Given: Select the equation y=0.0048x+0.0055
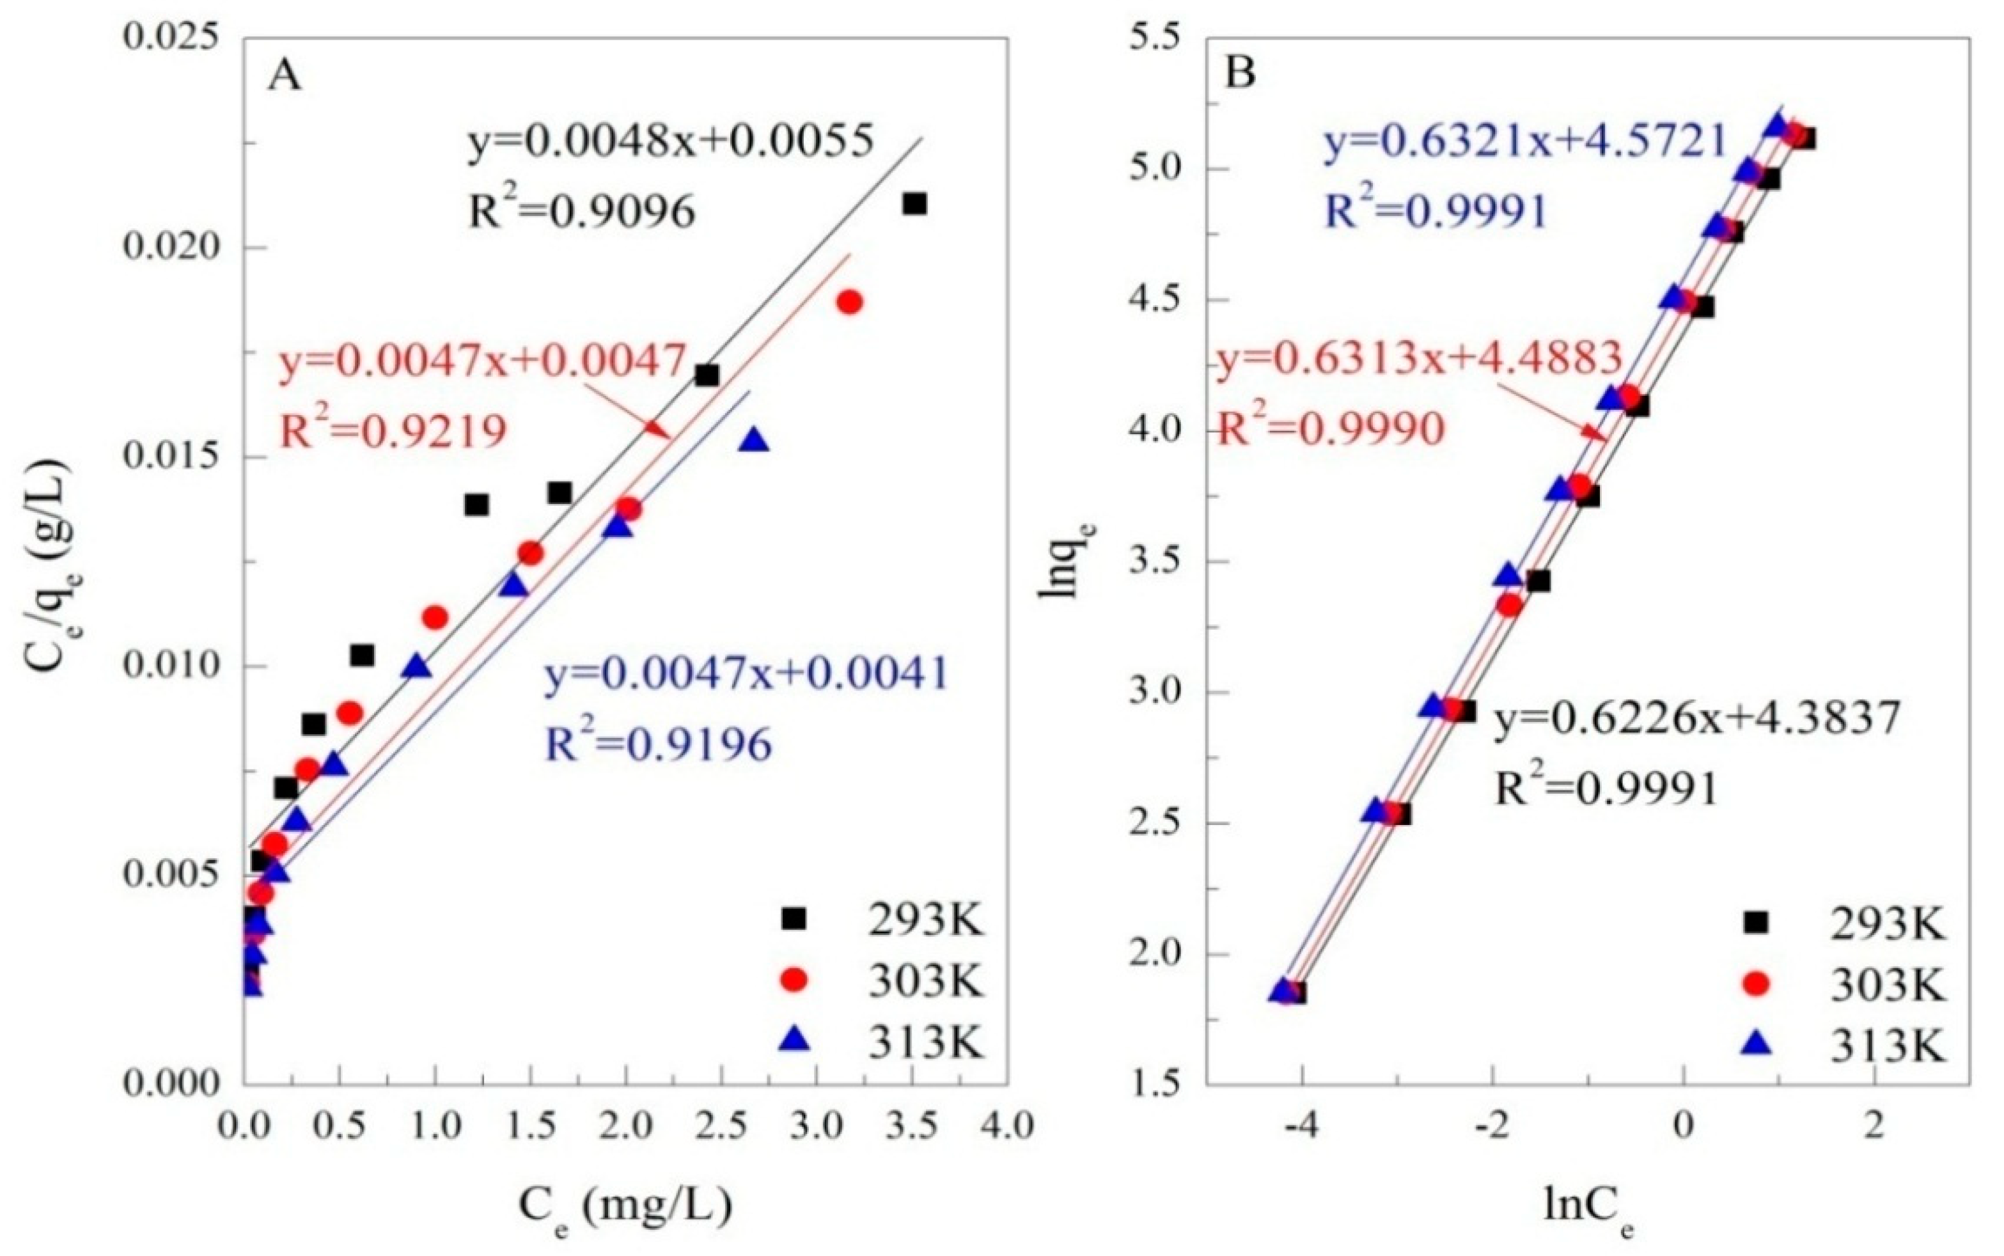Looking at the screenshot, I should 671,142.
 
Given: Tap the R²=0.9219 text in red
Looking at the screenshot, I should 392,431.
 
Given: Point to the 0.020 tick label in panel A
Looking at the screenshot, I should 173,247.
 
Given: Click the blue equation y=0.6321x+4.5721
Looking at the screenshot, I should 1526,142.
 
